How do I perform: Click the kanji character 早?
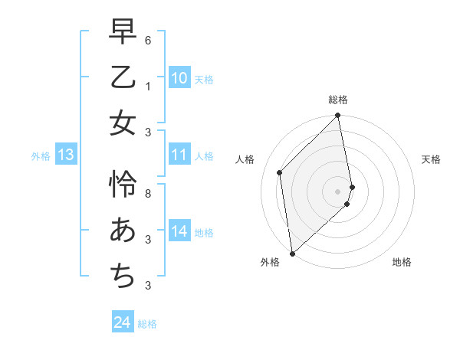(123, 33)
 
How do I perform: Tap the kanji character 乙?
(123, 77)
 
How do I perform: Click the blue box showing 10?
(179, 78)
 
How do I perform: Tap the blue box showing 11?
(179, 155)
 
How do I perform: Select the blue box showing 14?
(179, 231)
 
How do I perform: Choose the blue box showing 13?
(65, 155)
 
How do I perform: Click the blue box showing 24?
(123, 322)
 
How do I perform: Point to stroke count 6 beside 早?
(147, 40)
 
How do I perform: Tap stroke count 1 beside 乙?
(147, 86)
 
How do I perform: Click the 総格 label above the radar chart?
(338, 100)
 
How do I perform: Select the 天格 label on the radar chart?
(431, 159)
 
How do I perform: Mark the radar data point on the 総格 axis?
(338, 116)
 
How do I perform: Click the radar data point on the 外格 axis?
(292, 253)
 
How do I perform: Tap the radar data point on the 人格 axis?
(280, 172)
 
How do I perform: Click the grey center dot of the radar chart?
(338, 191)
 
